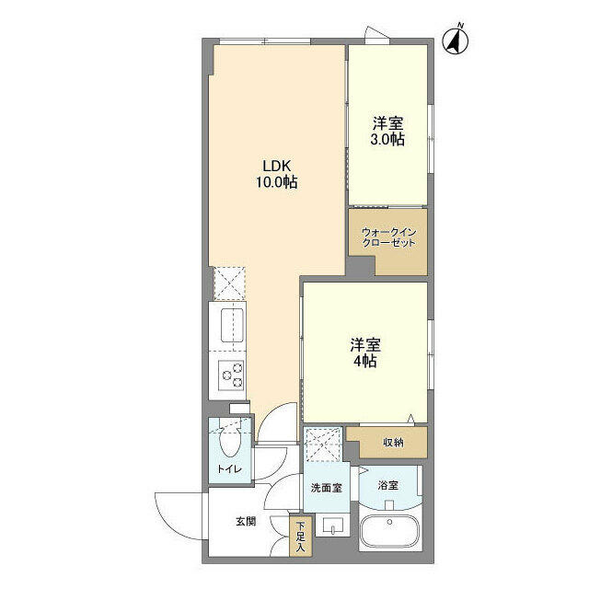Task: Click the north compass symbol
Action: tap(455, 40)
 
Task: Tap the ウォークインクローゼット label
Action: tap(388, 237)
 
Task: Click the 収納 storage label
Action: tap(393, 443)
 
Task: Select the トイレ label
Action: tap(229, 470)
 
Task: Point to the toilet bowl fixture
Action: tap(231, 444)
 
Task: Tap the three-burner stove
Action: tap(231, 375)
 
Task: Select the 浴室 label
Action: tap(387, 484)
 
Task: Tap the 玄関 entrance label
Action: tap(246, 521)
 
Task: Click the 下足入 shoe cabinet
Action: tap(300, 537)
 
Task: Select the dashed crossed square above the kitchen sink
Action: tap(229, 283)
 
